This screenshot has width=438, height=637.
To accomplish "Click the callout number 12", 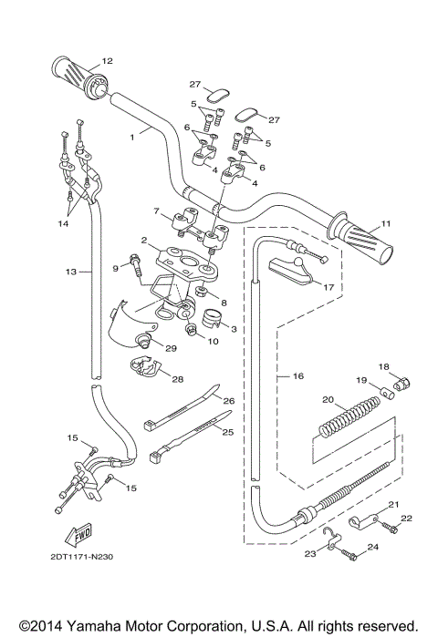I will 107,61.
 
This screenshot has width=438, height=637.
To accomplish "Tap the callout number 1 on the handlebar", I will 133,135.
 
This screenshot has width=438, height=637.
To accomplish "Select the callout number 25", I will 229,431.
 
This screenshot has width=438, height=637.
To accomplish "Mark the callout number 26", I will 230,401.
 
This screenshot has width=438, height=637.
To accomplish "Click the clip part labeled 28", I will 144,370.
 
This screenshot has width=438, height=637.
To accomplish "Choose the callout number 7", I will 156,212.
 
